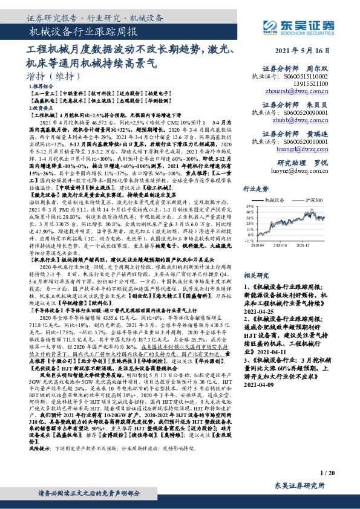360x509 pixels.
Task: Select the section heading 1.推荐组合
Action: coord(41,87)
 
